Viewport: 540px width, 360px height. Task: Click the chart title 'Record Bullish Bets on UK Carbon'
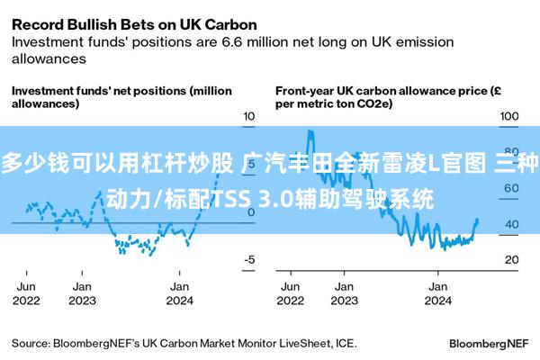(134, 25)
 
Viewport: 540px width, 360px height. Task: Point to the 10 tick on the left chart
(249, 116)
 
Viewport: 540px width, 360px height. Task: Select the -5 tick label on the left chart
(249, 259)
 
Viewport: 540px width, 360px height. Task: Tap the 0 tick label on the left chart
(251, 212)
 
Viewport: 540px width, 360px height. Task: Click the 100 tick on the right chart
(509, 116)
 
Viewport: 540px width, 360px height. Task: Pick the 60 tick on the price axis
(512, 188)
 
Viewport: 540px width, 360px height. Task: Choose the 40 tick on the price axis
(512, 224)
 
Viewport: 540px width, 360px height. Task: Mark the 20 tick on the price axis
(512, 259)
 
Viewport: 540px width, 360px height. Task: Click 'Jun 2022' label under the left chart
(26, 293)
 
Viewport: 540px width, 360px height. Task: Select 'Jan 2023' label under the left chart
(82, 293)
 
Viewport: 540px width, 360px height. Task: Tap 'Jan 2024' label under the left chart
(179, 293)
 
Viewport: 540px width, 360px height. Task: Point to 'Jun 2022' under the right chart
(291, 293)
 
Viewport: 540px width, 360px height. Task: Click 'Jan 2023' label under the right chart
(344, 293)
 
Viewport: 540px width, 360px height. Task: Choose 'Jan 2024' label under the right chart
(437, 293)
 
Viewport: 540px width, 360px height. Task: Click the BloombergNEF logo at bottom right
(489, 344)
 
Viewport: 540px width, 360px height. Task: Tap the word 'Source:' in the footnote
(31, 344)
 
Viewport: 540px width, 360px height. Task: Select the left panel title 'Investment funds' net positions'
(99, 91)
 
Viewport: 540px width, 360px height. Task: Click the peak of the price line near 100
(310, 130)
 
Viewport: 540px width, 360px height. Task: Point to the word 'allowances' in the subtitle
(49, 58)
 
